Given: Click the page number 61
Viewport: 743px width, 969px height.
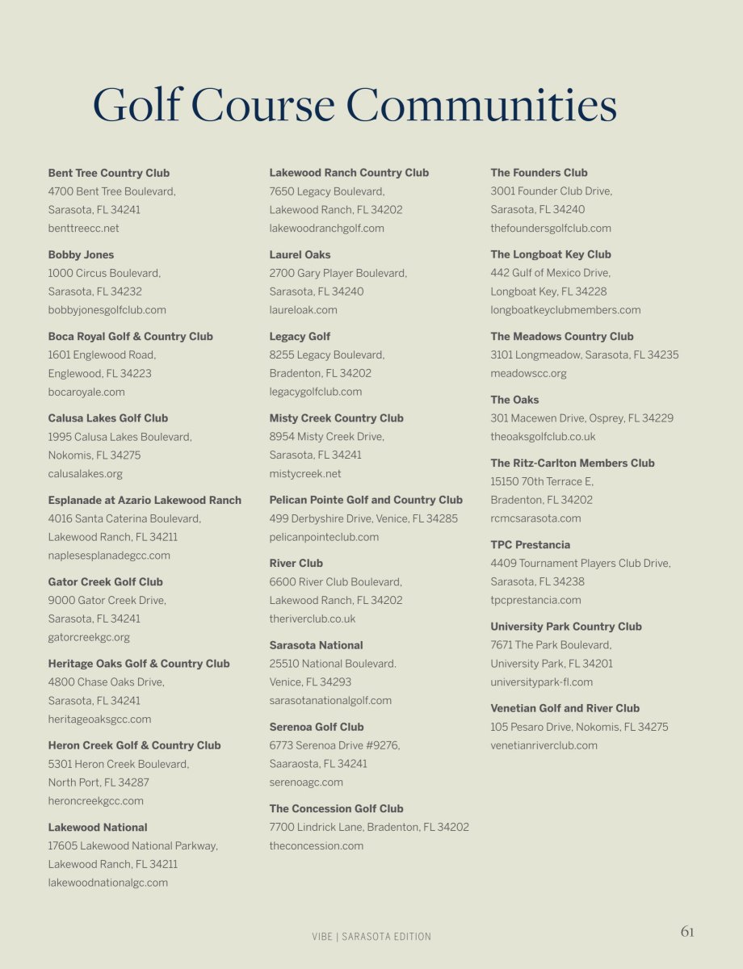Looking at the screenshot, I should click(686, 932).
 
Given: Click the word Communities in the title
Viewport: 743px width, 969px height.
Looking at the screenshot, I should click(481, 106).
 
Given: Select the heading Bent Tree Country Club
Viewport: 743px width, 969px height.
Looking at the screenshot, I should click(109, 173).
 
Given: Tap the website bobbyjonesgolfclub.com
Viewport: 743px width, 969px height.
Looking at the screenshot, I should click(107, 310).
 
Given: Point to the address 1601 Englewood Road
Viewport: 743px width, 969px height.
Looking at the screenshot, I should click(102, 354).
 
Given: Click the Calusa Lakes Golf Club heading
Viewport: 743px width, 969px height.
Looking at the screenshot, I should click(108, 418).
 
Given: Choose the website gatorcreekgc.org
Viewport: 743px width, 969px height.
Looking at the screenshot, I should click(89, 637).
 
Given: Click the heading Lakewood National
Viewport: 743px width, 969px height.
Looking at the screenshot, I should click(98, 827).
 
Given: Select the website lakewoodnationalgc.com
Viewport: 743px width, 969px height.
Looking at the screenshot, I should click(108, 883).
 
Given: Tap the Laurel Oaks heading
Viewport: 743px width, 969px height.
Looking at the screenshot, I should click(300, 254).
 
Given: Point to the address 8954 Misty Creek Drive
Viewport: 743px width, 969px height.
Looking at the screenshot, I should click(326, 437).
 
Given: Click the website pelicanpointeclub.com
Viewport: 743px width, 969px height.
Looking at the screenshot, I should click(324, 537).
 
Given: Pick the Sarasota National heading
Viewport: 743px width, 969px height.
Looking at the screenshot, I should click(316, 645).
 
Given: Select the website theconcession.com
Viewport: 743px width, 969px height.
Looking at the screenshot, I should click(317, 846).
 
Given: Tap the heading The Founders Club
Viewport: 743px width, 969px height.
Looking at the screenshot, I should click(539, 173).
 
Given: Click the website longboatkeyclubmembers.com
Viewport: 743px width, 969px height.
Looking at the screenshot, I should click(565, 310).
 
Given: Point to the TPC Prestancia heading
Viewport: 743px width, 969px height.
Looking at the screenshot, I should click(530, 545).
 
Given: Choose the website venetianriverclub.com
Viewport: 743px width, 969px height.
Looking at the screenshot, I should click(544, 745).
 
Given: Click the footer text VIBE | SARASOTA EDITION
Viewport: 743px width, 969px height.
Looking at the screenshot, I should click(371, 937).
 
